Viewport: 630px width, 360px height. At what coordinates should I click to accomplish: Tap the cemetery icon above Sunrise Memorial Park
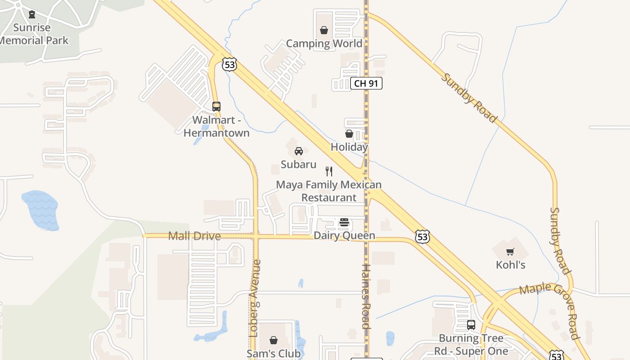click(x=32, y=15)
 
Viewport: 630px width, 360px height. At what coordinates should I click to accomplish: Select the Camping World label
click(x=324, y=44)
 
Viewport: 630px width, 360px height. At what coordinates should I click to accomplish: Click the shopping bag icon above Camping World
click(x=324, y=30)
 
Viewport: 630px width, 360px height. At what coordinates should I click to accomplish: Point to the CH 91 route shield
click(x=366, y=83)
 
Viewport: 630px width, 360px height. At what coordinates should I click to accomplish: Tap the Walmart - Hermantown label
click(x=216, y=126)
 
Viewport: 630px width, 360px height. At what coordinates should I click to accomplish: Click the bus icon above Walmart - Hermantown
click(x=216, y=107)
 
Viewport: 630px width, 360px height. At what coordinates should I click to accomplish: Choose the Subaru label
click(x=299, y=165)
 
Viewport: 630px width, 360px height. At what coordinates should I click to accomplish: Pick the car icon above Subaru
click(x=299, y=151)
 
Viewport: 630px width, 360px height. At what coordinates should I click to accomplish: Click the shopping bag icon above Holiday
click(x=349, y=134)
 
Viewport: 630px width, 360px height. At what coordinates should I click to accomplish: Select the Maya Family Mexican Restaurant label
click(x=329, y=191)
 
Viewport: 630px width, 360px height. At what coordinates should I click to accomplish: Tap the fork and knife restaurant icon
click(x=329, y=171)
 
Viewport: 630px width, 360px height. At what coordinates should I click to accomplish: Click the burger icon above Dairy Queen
click(x=344, y=222)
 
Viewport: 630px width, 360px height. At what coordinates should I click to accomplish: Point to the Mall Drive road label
click(x=194, y=236)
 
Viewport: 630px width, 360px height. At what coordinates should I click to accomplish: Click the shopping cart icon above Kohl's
click(x=510, y=252)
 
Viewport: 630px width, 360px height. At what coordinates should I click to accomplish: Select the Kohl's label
click(x=511, y=265)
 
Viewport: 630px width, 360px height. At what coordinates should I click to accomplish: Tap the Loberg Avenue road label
click(x=254, y=298)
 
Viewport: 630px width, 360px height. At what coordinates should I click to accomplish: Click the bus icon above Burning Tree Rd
click(x=471, y=324)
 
